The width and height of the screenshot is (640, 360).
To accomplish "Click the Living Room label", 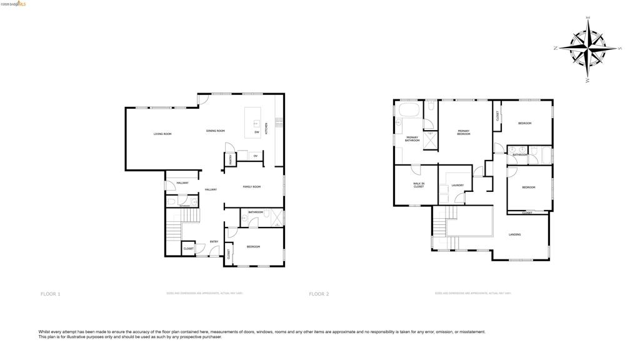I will coord(162,134).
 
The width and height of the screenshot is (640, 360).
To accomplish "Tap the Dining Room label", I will coord(215,131).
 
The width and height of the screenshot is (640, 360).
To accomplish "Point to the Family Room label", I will coord(251,187).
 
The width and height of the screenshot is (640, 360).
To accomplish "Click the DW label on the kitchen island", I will coord(256,132).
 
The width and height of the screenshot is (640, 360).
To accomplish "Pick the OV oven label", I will coord(255,156).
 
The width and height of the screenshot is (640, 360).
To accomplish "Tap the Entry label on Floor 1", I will coord(214,241).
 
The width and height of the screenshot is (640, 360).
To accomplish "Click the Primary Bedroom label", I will coord(463,132).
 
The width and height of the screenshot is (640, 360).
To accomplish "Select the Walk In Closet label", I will coord(418,185).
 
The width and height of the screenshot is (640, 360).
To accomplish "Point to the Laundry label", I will coord(456,186).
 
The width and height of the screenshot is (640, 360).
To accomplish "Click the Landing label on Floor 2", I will coord(514,234).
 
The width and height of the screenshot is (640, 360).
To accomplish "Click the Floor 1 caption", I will coord(51,294).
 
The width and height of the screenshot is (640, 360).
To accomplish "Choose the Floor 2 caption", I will coord(319,294).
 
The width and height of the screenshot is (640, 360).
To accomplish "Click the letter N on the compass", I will coord(556,47).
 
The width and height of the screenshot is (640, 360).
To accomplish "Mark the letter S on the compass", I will coord(619,48).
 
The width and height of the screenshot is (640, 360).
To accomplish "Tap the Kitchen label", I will coord(266,129).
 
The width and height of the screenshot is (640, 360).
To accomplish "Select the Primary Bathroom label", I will coord(412,139).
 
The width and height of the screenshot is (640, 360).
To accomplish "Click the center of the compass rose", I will coord(588,47).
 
